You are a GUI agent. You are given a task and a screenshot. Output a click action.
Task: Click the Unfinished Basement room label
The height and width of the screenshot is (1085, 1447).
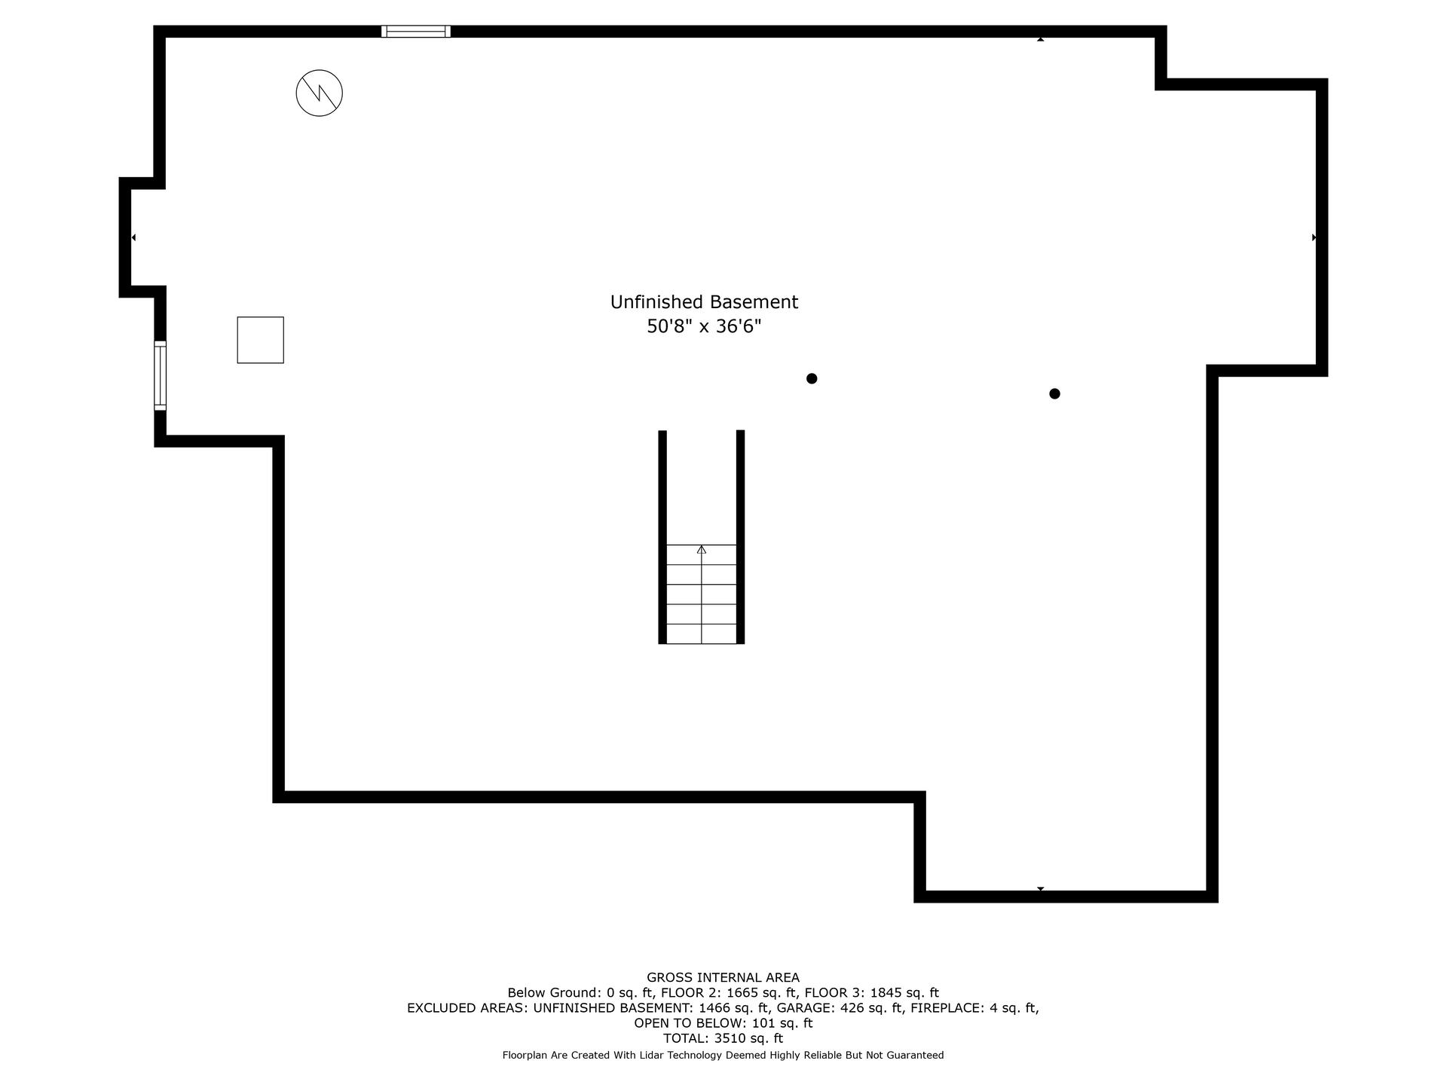704,302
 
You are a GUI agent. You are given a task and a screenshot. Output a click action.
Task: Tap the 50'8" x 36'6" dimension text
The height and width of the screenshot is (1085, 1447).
704,327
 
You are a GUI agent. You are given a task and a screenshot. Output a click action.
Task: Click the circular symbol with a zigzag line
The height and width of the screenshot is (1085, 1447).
320,93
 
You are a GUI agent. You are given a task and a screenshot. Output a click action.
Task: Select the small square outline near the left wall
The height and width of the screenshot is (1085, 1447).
261,340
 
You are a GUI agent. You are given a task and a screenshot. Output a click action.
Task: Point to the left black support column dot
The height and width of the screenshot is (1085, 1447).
812,378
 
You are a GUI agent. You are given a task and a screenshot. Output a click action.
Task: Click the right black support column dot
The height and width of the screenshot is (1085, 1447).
1054,393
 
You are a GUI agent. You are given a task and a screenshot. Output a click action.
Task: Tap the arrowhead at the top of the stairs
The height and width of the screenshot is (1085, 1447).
702,549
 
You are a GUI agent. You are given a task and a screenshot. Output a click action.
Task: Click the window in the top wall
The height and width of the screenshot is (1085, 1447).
416,32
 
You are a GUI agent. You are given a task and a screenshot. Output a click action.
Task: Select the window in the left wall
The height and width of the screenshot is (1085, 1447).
160,375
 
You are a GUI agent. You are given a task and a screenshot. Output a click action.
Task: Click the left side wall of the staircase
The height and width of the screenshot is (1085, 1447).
662,536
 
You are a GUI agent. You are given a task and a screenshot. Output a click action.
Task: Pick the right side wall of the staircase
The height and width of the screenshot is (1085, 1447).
740,536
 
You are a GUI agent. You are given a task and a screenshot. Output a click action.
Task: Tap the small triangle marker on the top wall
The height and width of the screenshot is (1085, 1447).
1040,39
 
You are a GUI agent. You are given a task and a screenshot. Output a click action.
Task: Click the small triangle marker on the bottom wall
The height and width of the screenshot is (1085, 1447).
1040,889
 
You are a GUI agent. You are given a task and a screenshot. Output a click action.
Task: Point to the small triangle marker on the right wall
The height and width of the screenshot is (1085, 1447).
1314,237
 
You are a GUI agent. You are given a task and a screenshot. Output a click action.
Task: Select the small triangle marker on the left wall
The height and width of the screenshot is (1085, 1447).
133,237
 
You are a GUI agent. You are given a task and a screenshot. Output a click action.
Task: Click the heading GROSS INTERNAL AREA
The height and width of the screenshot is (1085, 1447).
723,978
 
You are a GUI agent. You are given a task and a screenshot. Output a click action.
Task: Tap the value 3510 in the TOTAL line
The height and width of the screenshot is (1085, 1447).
730,1038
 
